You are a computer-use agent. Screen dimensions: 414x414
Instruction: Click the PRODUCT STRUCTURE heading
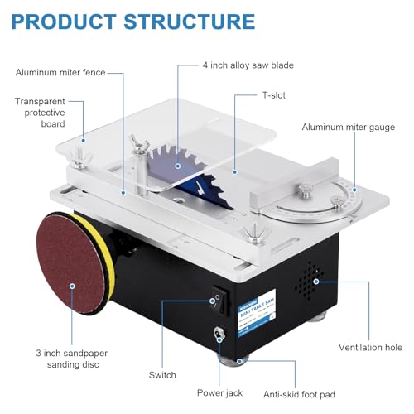(133, 20)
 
